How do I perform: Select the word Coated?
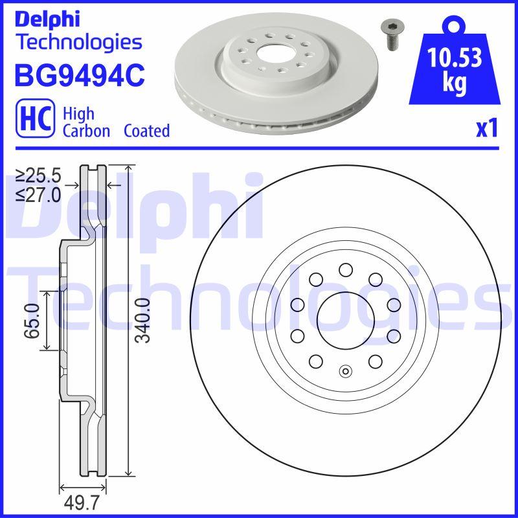146,131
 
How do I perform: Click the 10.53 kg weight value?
455,70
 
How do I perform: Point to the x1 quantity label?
486,129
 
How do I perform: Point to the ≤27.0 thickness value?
38,194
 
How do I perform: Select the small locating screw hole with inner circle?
345,371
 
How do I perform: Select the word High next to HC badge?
78,114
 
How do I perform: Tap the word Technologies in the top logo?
78,42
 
